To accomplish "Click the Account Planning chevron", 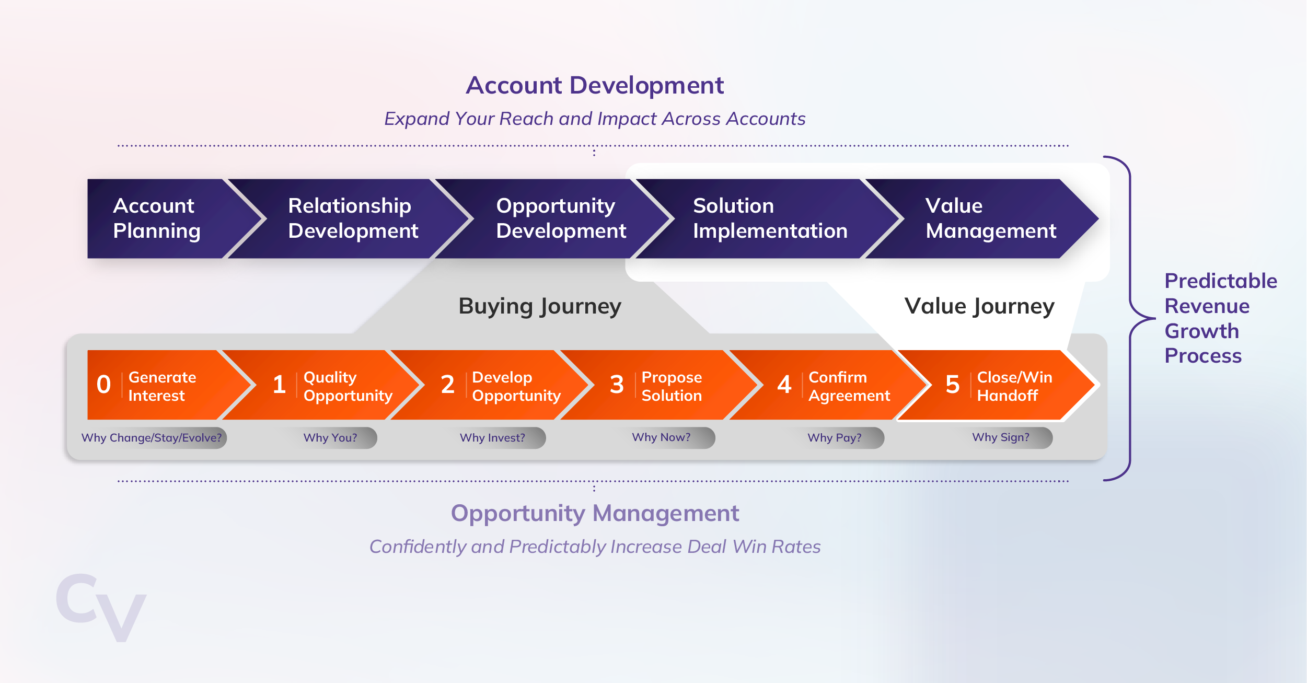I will tap(157, 218).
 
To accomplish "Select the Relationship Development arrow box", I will tap(353, 218).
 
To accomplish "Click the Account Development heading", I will tap(595, 86).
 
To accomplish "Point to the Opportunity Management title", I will tap(595, 513).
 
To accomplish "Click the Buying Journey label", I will tap(540, 306).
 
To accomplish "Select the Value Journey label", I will tap(979, 306).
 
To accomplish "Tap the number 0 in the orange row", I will tap(103, 385).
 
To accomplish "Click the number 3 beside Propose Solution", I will tap(617, 385).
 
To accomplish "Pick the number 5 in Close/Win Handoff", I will tap(952, 385).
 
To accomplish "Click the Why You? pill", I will tap(331, 438).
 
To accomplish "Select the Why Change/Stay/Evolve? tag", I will tap(152, 438).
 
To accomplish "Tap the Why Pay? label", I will tap(835, 438).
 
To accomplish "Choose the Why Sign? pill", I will tap(1001, 437).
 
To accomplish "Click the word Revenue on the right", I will tap(1207, 306).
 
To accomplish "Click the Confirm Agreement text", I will tap(849, 386).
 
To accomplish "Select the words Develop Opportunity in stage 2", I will tap(516, 386).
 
